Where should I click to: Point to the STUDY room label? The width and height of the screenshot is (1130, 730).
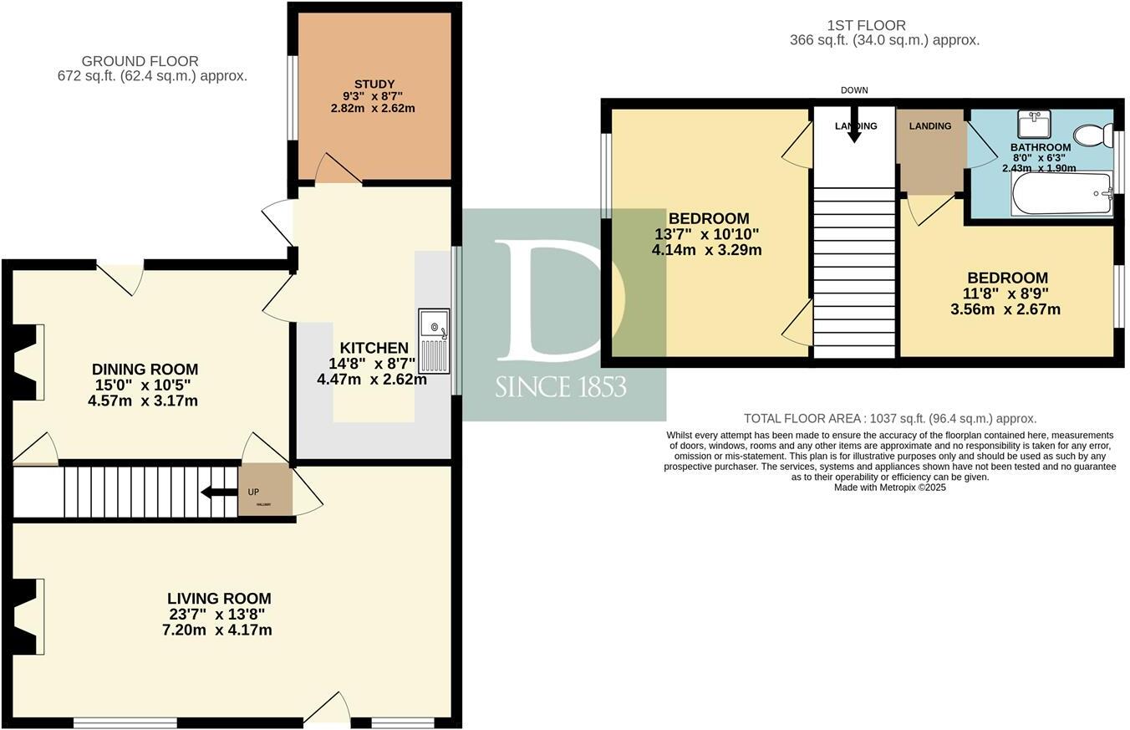tap(374, 84)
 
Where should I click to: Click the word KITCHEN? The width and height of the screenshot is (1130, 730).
tap(374, 348)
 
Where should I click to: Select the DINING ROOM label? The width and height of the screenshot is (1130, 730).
tap(145, 369)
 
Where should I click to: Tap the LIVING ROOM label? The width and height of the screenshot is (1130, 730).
tap(219, 599)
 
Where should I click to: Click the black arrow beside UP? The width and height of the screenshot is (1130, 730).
tap(219, 492)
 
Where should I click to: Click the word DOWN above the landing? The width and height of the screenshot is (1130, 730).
tap(854, 90)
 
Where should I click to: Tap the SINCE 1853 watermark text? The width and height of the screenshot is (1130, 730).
tap(560, 387)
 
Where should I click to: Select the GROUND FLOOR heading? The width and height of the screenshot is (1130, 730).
tap(140, 61)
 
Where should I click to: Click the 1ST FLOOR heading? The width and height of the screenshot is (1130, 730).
tap(863, 25)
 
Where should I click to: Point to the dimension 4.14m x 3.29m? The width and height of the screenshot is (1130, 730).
tap(706, 249)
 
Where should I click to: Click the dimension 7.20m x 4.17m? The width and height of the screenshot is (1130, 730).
tap(216, 630)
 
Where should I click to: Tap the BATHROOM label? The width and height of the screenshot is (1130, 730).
tap(1041, 147)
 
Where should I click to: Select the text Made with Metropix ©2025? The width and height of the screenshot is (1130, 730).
tap(889, 488)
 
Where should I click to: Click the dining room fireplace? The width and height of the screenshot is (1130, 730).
tap(28, 362)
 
